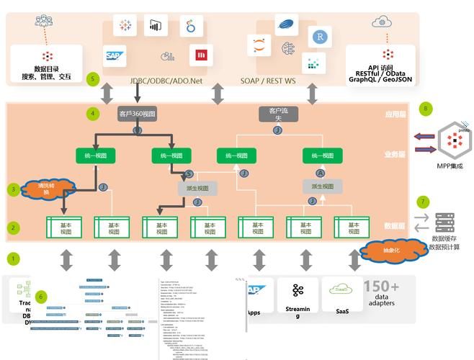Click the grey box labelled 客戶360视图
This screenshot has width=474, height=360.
pos(138,114)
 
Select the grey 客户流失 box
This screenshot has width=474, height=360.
pos(277,114)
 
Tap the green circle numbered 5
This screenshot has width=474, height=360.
pos(91,78)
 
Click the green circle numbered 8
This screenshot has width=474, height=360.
pos(426,109)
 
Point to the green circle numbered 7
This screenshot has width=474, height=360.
pos(423,202)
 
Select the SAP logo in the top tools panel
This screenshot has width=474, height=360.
pos(115,55)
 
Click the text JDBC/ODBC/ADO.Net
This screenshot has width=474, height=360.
pos(166,81)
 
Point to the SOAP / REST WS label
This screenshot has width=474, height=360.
pos(268,81)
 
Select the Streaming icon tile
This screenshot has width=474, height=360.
pos(297,295)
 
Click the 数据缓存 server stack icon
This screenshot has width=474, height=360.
pos(444,222)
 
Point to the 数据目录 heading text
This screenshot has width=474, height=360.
pos(47,68)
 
